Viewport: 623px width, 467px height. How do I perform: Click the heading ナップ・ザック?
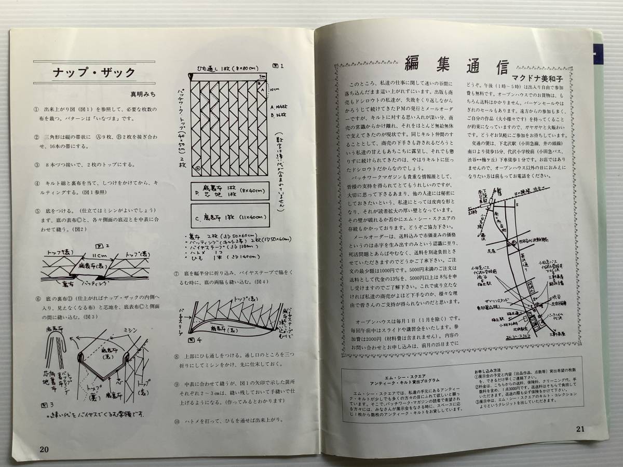[94, 72]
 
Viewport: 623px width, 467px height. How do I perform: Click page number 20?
[44, 448]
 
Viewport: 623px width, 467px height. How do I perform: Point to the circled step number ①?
[37, 111]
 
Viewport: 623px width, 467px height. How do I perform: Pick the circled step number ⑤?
[37, 211]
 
